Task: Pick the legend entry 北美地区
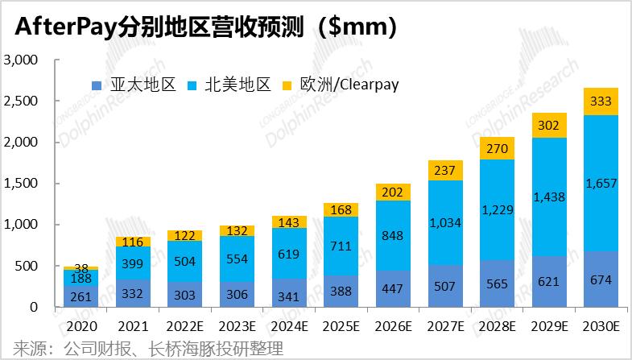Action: (230, 84)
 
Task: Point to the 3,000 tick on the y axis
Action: (22, 60)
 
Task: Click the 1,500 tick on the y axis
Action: (22, 184)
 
